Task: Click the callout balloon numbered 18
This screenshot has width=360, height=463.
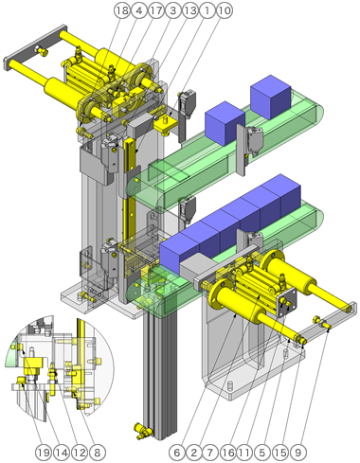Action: (x=120, y=10)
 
